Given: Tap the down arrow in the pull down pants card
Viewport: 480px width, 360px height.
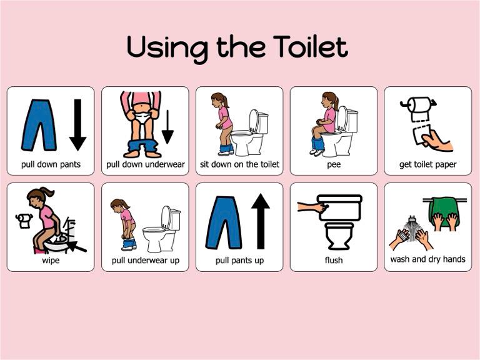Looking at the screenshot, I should pyautogui.click(x=77, y=124).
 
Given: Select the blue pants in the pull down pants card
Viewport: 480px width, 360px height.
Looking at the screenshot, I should pyautogui.click(x=39, y=125).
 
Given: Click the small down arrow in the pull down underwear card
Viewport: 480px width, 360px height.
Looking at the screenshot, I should pyautogui.click(x=167, y=128).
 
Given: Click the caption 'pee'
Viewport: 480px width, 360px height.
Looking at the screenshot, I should pyautogui.click(x=333, y=165).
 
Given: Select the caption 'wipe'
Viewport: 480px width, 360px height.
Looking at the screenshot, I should pyautogui.click(x=51, y=260).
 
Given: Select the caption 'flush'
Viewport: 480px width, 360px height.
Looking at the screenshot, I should pyautogui.click(x=334, y=260).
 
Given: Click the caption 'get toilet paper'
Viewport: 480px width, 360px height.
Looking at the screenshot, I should pyautogui.click(x=427, y=165).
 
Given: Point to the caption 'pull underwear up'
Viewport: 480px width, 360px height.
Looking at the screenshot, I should pyautogui.click(x=145, y=260).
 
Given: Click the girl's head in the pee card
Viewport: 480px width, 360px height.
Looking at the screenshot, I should pyautogui.click(x=329, y=100).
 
